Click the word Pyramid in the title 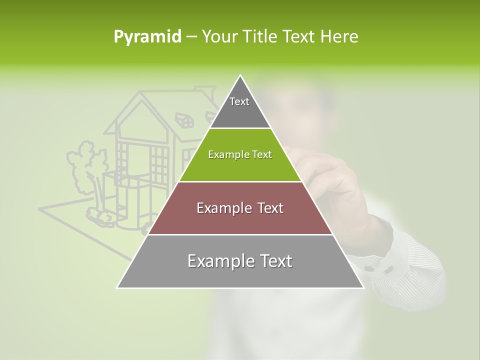click(x=147, y=37)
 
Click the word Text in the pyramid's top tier click(x=239, y=101)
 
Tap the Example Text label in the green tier click(x=240, y=154)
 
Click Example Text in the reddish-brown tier click(x=240, y=208)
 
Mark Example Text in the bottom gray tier click(x=240, y=261)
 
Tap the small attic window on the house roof click(x=184, y=119)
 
